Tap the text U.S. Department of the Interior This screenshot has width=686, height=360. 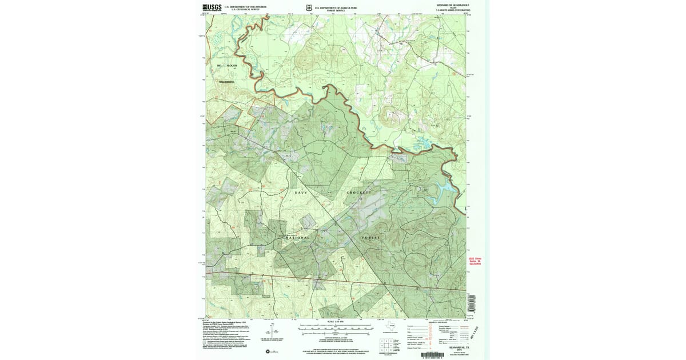coord(245,7)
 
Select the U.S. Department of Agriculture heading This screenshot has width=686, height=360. coord(332,7)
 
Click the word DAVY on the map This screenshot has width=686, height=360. coord(301,193)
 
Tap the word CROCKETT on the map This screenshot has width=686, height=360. coord(358,193)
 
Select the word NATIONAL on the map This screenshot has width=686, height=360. coord(297,237)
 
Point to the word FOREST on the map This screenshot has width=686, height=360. coord(370,237)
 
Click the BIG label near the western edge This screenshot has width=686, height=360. coord(218,66)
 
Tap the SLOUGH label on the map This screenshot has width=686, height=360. coord(231,66)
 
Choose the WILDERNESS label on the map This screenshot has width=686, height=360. coord(227,82)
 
